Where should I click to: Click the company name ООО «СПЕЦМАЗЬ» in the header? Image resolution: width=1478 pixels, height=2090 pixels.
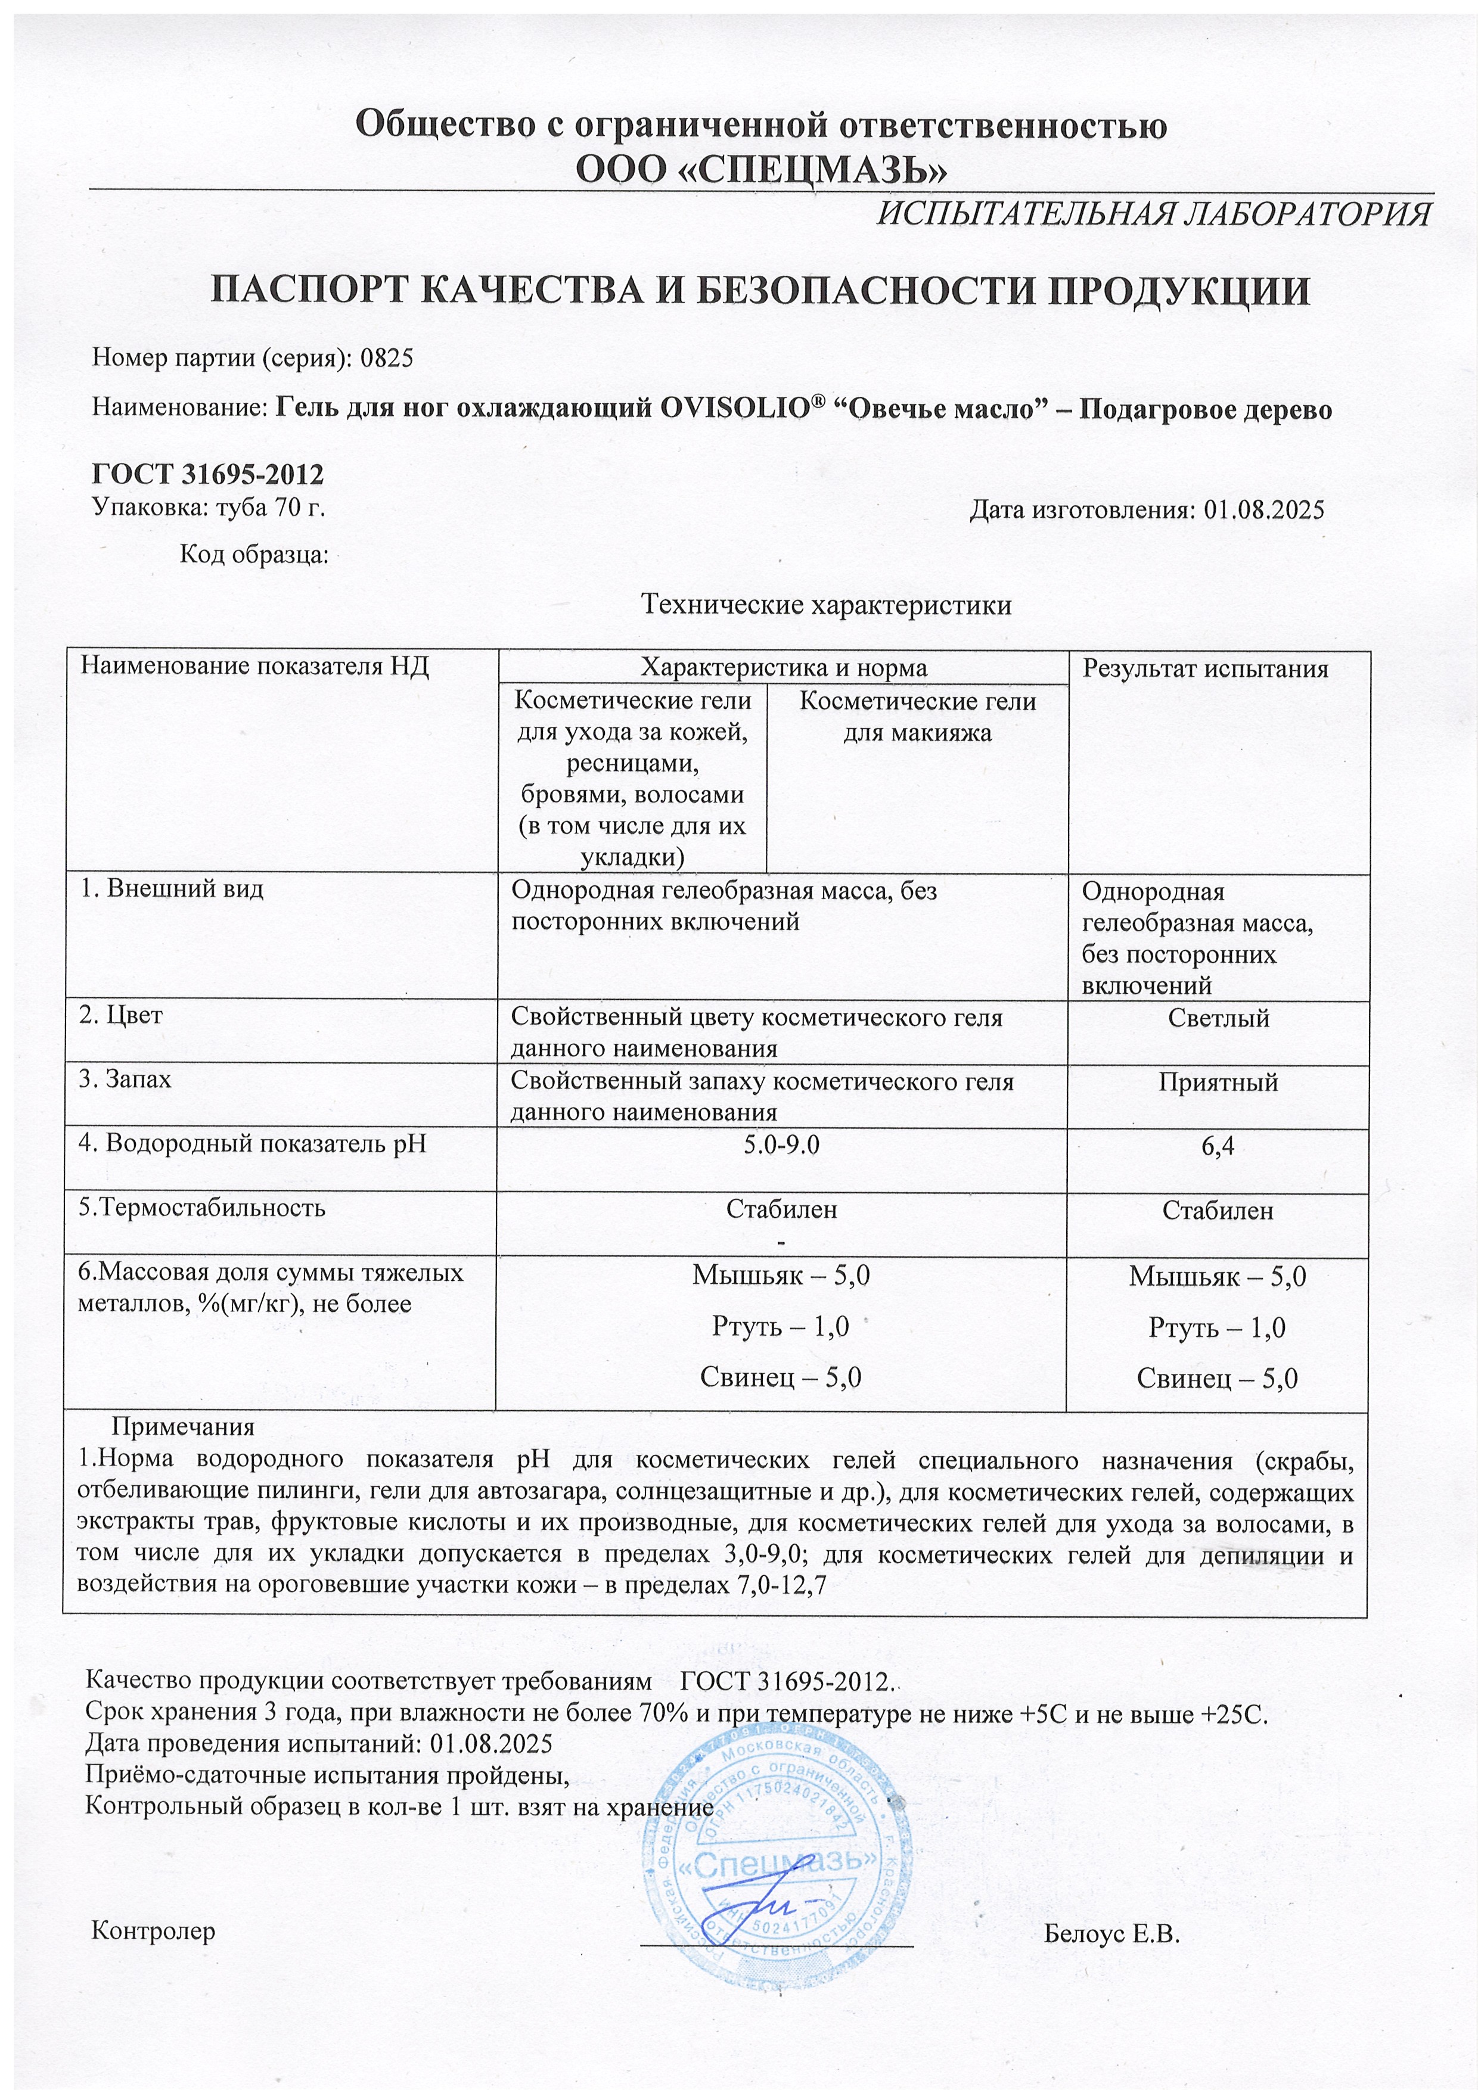pyautogui.click(x=761, y=169)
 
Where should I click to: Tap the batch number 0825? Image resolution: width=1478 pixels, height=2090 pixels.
pyautogui.click(x=387, y=357)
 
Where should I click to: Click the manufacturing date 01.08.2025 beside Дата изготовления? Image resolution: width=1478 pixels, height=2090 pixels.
pyautogui.click(x=1263, y=510)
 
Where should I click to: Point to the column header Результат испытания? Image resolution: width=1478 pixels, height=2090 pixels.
pyautogui.click(x=1205, y=669)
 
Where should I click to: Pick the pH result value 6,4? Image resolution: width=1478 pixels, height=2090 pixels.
pyautogui.click(x=1218, y=1147)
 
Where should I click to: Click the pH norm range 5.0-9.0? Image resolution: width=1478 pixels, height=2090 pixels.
pyautogui.click(x=781, y=1144)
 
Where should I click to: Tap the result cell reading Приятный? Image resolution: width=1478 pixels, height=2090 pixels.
pyautogui.click(x=1219, y=1083)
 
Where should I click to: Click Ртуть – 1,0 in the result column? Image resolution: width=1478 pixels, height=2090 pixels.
pyautogui.click(x=1216, y=1328)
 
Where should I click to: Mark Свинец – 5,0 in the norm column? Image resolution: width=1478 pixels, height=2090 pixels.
pyautogui.click(x=781, y=1377)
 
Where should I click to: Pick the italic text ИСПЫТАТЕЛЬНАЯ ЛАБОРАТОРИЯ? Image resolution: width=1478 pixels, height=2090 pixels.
pyautogui.click(x=1153, y=214)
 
